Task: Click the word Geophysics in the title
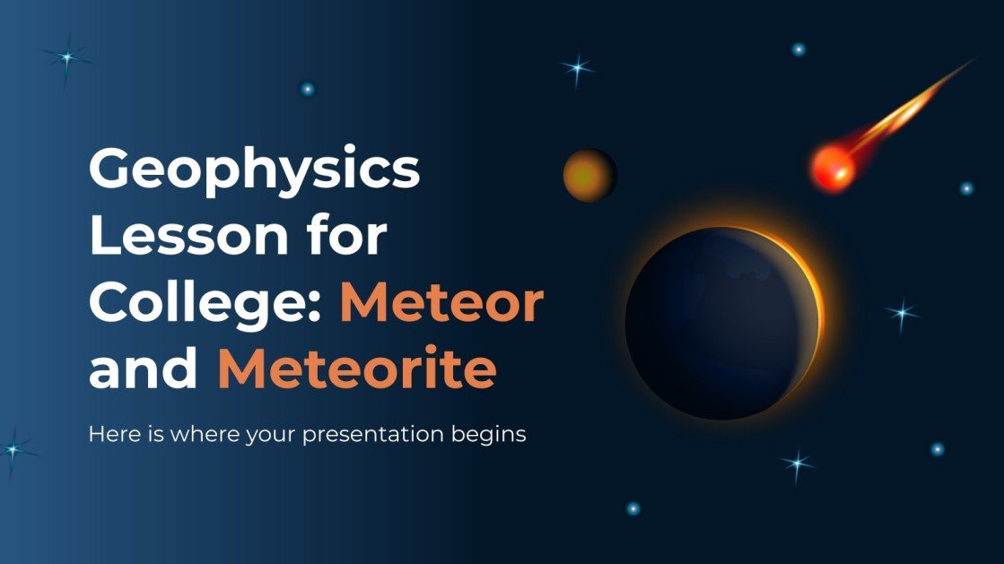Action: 254,170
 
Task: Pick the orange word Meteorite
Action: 356,369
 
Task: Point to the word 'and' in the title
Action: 144,369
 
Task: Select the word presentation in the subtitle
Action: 369,436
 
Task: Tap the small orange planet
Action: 589,175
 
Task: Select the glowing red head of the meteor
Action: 832,168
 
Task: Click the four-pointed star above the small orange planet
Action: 577,68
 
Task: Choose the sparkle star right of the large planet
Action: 902,313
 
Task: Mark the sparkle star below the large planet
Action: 796,463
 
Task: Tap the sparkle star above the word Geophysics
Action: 66,58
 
